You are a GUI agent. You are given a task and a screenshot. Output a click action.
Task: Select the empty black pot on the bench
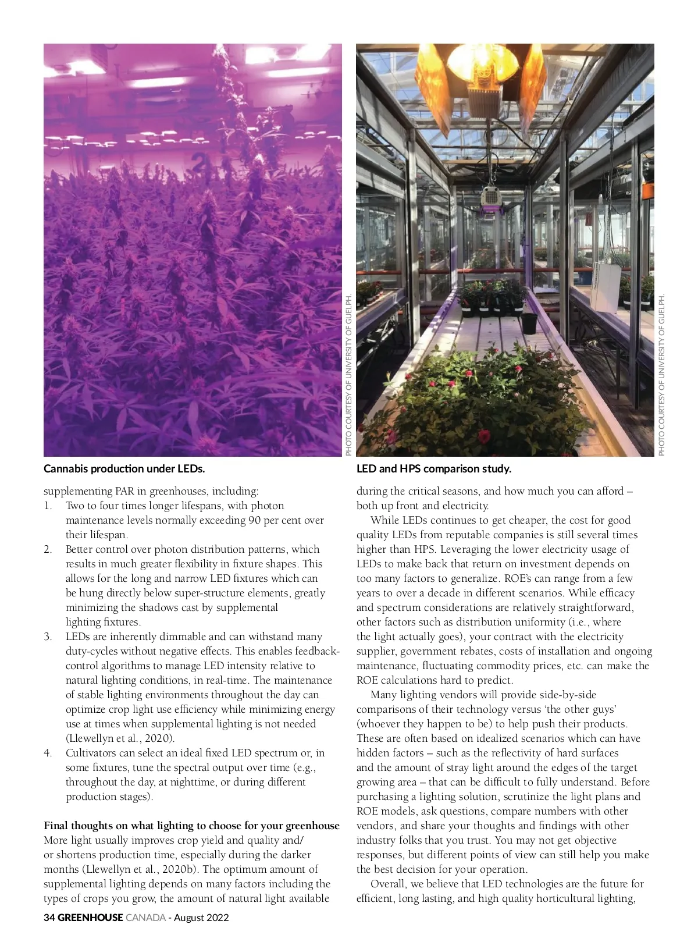coord(529,322)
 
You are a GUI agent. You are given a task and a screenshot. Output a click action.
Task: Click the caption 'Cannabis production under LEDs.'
coord(124,468)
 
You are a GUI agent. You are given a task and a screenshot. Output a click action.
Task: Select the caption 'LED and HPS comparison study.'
coord(433,468)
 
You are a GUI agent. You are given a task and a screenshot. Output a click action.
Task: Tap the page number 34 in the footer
coord(49,918)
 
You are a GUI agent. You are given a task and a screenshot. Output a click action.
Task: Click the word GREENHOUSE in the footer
coord(90,918)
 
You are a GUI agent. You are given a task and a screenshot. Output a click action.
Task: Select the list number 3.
coord(48,637)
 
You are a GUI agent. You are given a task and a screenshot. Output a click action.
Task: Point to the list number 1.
coord(48,506)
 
